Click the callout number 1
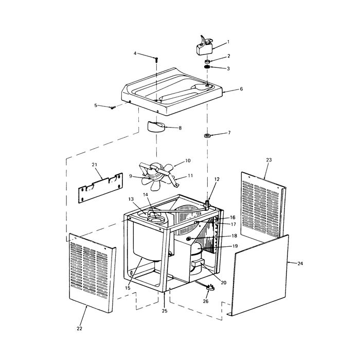point(228,42)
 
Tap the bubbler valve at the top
point(204,46)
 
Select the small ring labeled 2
point(208,62)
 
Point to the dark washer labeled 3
point(207,67)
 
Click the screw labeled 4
point(156,60)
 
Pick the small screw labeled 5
point(113,107)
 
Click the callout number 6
point(241,89)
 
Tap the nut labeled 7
point(207,135)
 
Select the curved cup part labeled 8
point(155,127)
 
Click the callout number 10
point(188,160)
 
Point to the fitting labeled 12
point(207,204)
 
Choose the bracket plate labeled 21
point(101,188)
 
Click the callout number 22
point(79,329)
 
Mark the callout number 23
point(269,159)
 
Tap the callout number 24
point(300,263)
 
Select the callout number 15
point(128,288)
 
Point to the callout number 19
point(235,246)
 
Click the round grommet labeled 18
point(189,239)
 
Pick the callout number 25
point(165,311)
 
